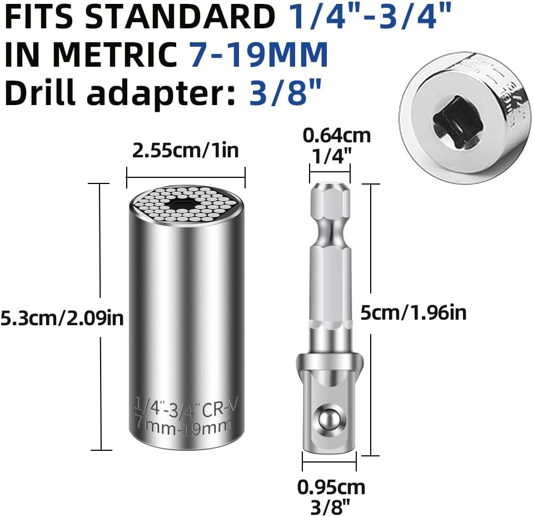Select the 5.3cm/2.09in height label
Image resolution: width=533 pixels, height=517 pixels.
click(61, 318)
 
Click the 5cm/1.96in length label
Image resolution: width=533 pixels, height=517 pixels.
click(412, 313)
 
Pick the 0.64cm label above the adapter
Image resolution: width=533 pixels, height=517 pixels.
click(336, 135)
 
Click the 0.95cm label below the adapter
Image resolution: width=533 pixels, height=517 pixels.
click(331, 487)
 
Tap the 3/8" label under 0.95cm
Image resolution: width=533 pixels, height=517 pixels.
click(331, 506)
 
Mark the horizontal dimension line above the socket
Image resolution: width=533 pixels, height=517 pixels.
click(186, 178)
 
